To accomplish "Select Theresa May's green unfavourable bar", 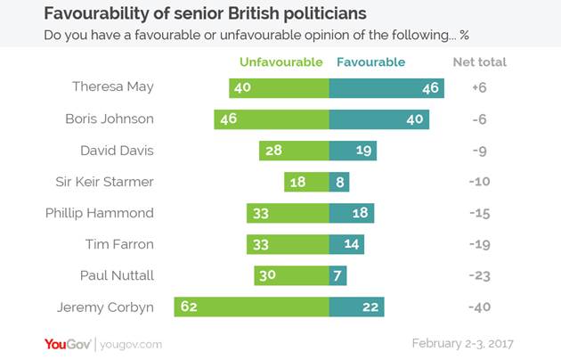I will (x=279, y=87).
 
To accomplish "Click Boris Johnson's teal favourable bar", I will (x=379, y=119).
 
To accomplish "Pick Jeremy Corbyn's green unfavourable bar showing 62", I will (x=252, y=307).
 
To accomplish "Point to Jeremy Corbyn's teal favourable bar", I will (x=356, y=307).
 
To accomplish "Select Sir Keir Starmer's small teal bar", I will (x=338, y=182).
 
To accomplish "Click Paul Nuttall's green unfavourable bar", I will (x=291, y=275).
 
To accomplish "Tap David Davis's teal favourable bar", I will (x=352, y=150).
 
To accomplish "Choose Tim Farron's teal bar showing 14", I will (x=347, y=244).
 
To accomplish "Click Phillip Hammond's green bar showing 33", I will (x=288, y=213).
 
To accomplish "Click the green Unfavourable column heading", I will (x=280, y=62).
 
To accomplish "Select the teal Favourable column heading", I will (x=370, y=62).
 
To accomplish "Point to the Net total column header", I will (x=479, y=62).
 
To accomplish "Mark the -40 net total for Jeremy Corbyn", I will (x=479, y=307).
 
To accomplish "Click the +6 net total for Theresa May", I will (x=479, y=87).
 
